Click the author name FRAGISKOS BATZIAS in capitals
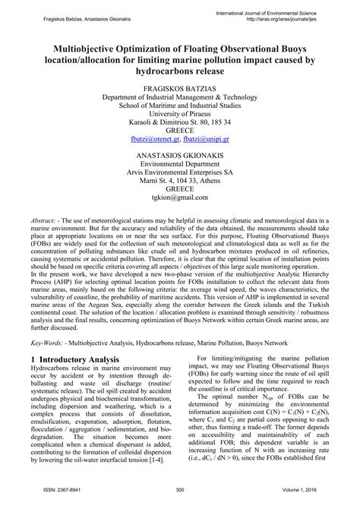180,89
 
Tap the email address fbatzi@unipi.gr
210,141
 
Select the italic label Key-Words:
48,343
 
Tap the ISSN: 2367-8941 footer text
54,491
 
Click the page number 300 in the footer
180,491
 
